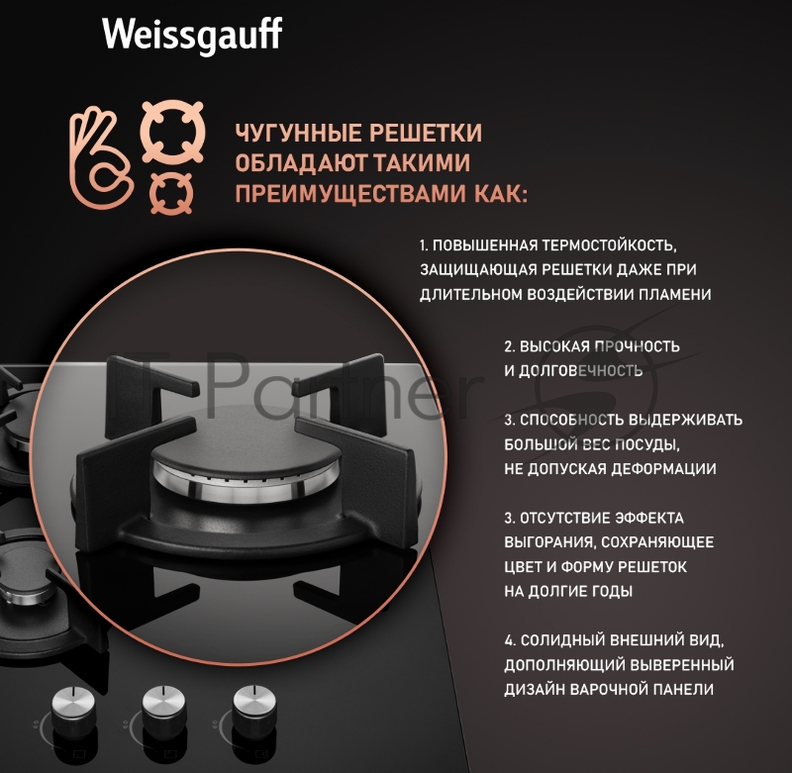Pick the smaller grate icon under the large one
point(172,191)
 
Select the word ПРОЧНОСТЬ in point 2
point(640,346)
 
